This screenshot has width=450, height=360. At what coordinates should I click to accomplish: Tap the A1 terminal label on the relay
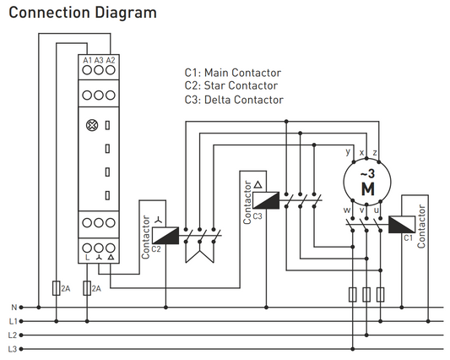[88, 61]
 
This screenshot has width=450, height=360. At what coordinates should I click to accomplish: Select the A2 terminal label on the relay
[111, 61]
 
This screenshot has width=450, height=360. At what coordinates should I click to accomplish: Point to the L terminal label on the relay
[88, 255]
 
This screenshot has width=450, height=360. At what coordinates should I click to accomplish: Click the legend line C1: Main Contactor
[233, 73]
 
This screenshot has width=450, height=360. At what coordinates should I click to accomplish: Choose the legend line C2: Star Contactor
[230, 86]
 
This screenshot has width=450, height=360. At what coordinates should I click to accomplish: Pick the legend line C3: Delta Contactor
[233, 100]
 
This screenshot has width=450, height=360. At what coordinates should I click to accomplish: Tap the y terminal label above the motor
[348, 152]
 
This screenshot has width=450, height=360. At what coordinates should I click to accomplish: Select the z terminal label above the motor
[375, 152]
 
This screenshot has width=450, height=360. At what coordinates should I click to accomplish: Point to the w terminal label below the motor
[347, 210]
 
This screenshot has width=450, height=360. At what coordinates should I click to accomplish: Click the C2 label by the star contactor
[157, 249]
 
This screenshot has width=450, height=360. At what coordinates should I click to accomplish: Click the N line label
[13, 307]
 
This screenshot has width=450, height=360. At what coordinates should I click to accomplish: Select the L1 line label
[12, 321]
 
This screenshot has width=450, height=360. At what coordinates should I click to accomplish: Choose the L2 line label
[12, 335]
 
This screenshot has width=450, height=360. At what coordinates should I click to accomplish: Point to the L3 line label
[12, 348]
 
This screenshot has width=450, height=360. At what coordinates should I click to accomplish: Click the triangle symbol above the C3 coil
[258, 184]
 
